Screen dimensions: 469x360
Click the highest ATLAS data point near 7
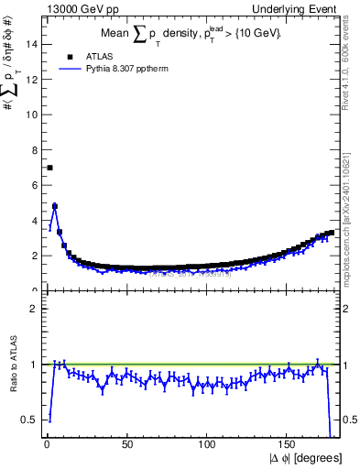click(49, 168)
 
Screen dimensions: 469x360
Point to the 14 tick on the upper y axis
click(34, 44)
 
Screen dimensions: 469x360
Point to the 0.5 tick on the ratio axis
click(30, 420)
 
